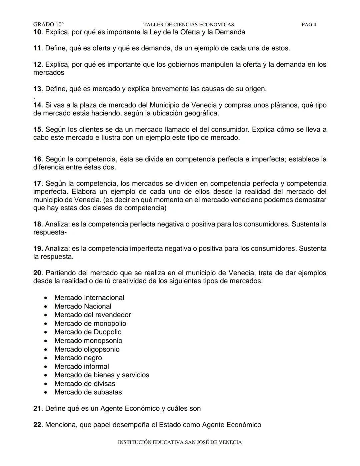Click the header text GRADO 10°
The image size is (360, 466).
pos(48,24)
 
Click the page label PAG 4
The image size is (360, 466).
pos(309,24)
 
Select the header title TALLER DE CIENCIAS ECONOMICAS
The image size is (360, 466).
pos(188,24)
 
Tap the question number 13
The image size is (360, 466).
pos(37,89)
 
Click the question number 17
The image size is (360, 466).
pos(37,183)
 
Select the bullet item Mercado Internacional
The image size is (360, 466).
pos(89,298)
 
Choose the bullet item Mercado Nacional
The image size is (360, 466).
pos(83,306)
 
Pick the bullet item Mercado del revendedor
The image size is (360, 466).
pos(92,315)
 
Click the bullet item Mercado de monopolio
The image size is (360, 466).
pos(90,324)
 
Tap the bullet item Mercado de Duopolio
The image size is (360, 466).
pos(88,332)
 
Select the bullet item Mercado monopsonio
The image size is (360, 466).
pos(88,341)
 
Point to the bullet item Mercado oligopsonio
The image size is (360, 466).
pos(87,349)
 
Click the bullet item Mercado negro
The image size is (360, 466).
pos(78,358)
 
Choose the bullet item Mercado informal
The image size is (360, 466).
pos(81,366)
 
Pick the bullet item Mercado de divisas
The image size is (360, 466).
pos(85,384)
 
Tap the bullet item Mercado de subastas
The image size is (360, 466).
pos(88,392)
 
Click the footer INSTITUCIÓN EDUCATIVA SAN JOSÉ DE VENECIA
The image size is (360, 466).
pos(180,442)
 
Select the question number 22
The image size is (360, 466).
pos(37,425)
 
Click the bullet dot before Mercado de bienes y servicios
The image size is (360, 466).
pos(45,375)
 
